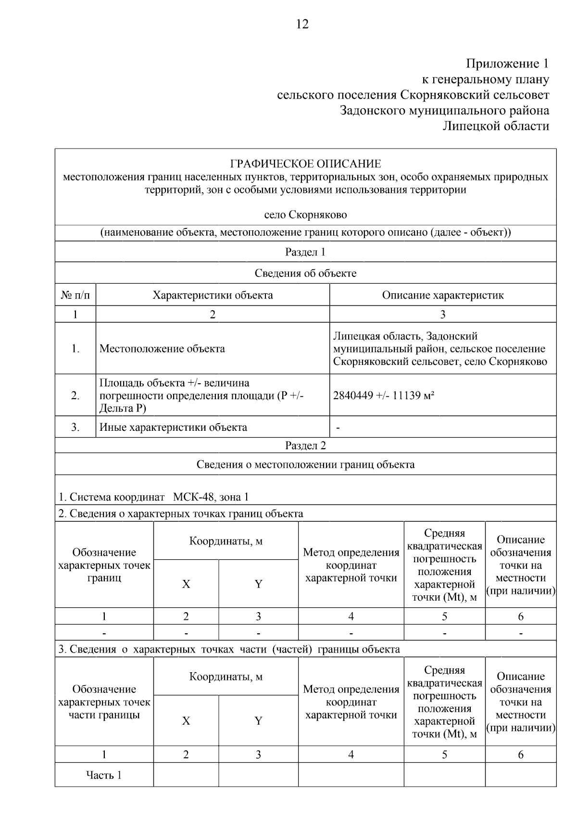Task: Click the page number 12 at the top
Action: (302, 24)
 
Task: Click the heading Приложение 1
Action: (507, 63)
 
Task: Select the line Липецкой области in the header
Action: (495, 126)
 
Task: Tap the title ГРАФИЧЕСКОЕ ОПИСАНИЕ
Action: (305, 164)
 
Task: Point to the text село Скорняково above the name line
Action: (305, 214)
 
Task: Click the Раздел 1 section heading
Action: (305, 252)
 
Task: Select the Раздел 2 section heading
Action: (305, 445)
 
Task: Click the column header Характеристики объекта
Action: (213, 295)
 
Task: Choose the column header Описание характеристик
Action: (442, 295)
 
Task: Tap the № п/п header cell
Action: (75, 295)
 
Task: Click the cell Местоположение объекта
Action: (162, 349)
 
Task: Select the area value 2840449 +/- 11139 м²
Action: (384, 396)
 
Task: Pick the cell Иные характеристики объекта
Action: (173, 427)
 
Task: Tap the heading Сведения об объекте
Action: (305, 273)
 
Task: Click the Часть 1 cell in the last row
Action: (104, 775)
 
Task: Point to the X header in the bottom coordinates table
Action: (186, 721)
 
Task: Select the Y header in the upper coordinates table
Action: (258, 584)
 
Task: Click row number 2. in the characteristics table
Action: (75, 396)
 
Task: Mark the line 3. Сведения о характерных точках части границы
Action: (229, 649)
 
